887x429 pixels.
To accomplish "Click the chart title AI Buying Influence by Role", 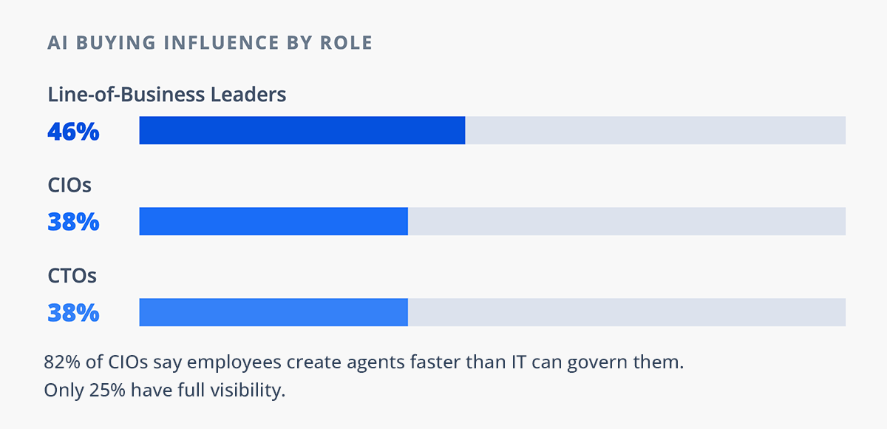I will (210, 43).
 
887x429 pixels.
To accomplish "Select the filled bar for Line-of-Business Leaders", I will (302, 130).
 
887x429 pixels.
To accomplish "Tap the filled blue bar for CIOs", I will (273, 221).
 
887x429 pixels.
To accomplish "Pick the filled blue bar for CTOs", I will (273, 312).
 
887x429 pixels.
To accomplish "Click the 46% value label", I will (73, 131).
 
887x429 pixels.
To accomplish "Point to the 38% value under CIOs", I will (73, 222).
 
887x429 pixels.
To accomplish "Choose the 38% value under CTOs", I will (73, 313).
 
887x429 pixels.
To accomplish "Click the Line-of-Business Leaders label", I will (166, 95).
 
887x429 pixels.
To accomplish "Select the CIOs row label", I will (69, 185).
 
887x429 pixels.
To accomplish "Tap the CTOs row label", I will (72, 276).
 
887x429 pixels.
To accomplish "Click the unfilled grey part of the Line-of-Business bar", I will (655, 130).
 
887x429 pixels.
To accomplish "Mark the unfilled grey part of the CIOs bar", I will (627, 221).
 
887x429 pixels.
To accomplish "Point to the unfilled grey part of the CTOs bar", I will (627, 312).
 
